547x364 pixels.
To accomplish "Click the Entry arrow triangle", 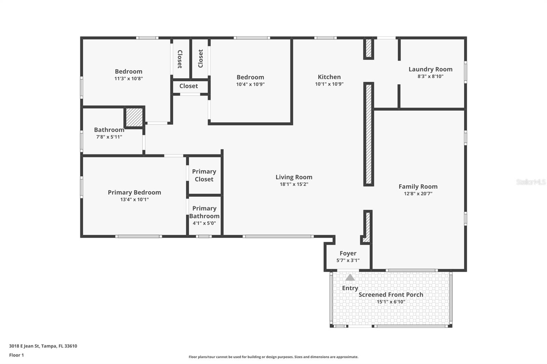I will pyautogui.click(x=350, y=278).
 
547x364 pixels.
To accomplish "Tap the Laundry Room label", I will pyautogui.click(x=430, y=69).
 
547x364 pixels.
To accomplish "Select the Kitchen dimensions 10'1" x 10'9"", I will pyautogui.click(x=329, y=84).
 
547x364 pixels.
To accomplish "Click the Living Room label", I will pyautogui.click(x=294, y=177).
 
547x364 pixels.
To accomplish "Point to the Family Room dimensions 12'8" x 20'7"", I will pyautogui.click(x=418, y=194).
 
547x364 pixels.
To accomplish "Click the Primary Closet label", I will pyautogui.click(x=204, y=175).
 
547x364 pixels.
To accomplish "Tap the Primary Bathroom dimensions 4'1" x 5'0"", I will pyautogui.click(x=204, y=223).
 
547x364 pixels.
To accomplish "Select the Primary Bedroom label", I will pyautogui.click(x=134, y=192).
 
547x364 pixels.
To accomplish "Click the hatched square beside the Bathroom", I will pyautogui.click(x=134, y=117).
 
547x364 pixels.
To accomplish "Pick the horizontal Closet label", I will pyautogui.click(x=189, y=86).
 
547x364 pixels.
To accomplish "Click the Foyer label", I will pyautogui.click(x=348, y=253).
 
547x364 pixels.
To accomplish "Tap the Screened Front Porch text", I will pyautogui.click(x=391, y=295).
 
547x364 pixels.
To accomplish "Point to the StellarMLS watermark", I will pyautogui.click(x=531, y=182).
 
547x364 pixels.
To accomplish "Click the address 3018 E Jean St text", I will pyautogui.click(x=43, y=346).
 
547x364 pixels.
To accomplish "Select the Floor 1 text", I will pyautogui.click(x=16, y=355).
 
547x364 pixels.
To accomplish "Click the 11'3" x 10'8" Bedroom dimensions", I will pyautogui.click(x=129, y=79).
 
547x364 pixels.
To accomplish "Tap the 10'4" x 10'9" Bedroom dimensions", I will pyautogui.click(x=250, y=84).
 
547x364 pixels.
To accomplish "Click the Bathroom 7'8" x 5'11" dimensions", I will pyautogui.click(x=109, y=137).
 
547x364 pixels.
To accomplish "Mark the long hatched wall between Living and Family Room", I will pyautogui.click(x=369, y=134).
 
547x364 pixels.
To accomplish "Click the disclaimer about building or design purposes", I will pyautogui.click(x=273, y=357).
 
